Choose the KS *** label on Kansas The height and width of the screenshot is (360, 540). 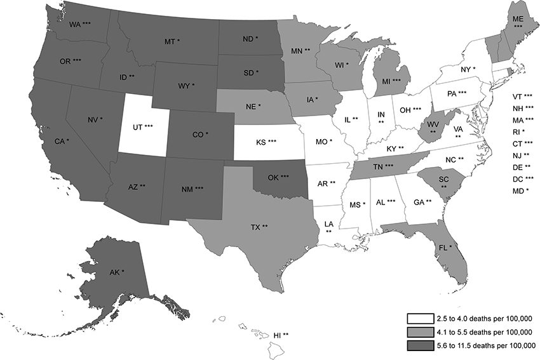click(x=263, y=140)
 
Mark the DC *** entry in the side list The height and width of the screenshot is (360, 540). click(x=524, y=178)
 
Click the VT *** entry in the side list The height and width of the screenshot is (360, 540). click(x=524, y=97)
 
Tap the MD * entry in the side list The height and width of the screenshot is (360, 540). click(x=520, y=190)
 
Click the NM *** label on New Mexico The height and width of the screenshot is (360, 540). click(x=191, y=189)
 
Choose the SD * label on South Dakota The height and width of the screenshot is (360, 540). click(x=247, y=72)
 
